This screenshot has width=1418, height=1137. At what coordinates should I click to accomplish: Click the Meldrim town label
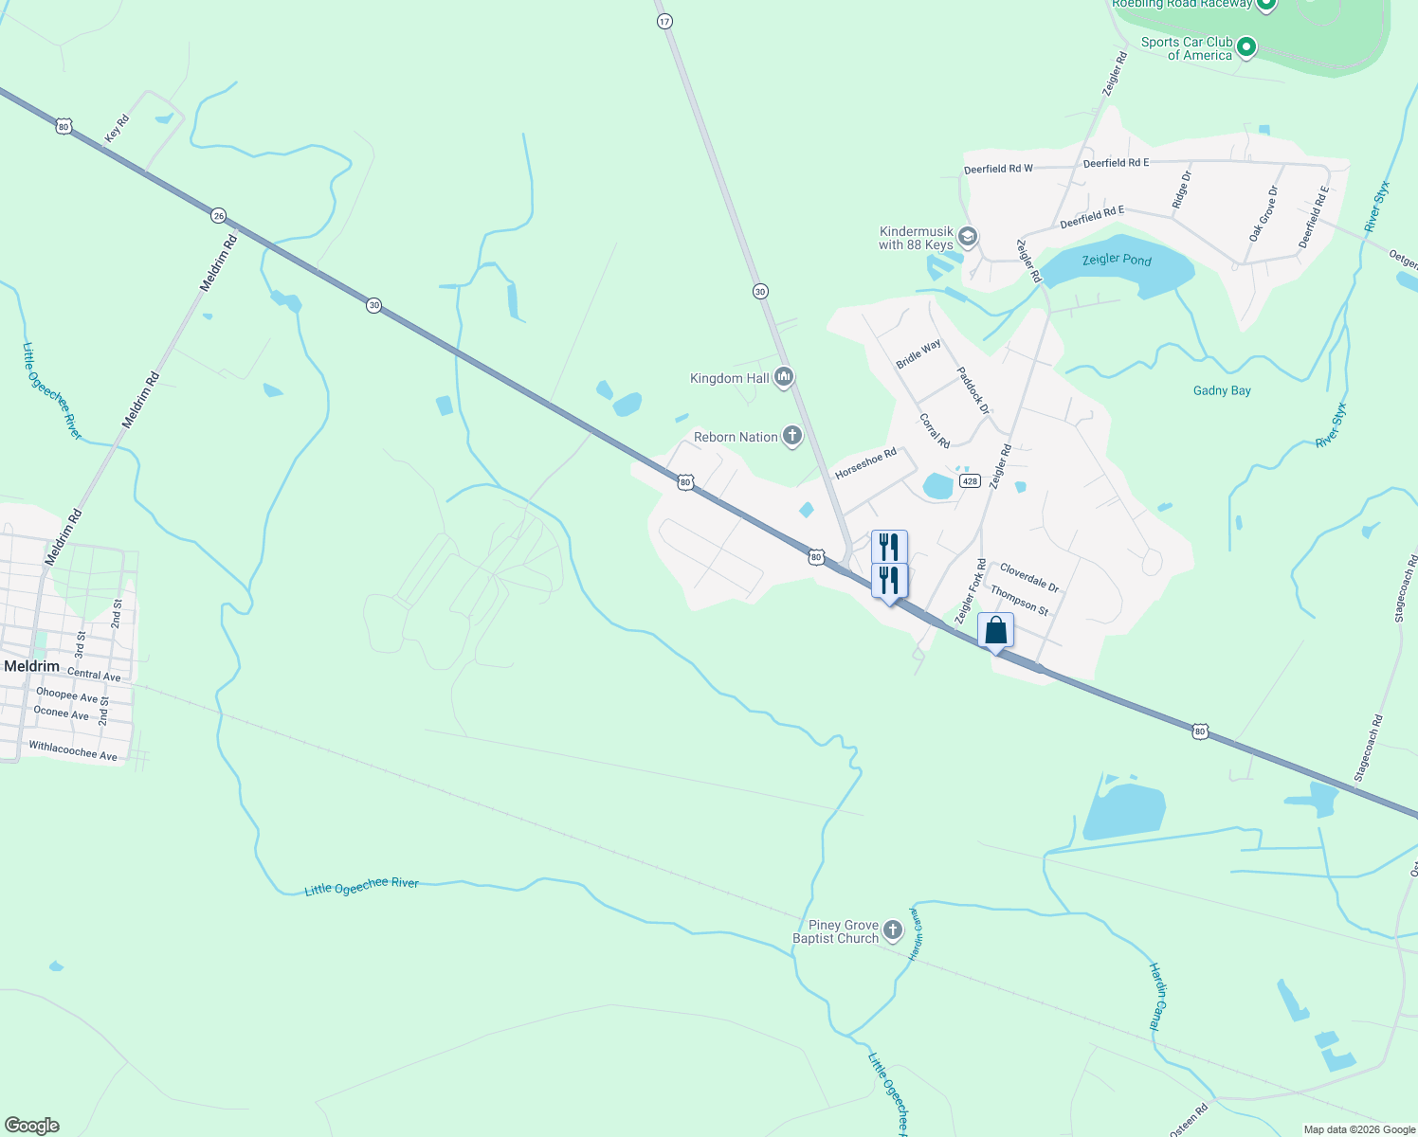(x=31, y=666)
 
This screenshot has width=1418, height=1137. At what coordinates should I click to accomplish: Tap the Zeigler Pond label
(x=1117, y=259)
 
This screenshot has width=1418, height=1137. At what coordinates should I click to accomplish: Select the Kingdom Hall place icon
(x=783, y=378)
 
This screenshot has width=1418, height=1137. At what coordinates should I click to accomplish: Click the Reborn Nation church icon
(x=792, y=437)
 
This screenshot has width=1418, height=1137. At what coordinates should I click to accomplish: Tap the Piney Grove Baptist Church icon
(x=893, y=931)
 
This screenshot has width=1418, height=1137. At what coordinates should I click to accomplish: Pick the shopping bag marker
(x=995, y=631)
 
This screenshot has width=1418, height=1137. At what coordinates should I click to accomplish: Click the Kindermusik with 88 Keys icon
(x=968, y=236)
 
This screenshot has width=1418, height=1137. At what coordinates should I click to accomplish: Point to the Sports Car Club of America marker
(x=1246, y=45)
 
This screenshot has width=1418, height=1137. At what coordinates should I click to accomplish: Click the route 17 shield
(x=664, y=21)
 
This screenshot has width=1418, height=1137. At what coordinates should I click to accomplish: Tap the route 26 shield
(x=219, y=216)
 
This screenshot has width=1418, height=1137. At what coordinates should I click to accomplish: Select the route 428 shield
(x=969, y=481)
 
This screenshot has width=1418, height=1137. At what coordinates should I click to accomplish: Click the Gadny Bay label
(x=1222, y=390)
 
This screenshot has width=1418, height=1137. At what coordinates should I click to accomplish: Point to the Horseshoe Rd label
(x=865, y=464)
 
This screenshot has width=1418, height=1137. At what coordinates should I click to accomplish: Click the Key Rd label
(x=117, y=128)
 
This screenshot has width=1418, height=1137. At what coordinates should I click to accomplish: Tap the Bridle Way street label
(x=918, y=353)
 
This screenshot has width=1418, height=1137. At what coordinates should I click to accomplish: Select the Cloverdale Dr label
(x=1029, y=578)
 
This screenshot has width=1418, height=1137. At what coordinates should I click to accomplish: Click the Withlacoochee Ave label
(x=73, y=751)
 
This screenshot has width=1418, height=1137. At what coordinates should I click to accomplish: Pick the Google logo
(x=32, y=1126)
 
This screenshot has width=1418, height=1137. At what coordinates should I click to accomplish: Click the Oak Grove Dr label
(x=1263, y=213)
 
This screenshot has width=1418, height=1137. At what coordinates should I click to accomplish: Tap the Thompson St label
(x=1019, y=601)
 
